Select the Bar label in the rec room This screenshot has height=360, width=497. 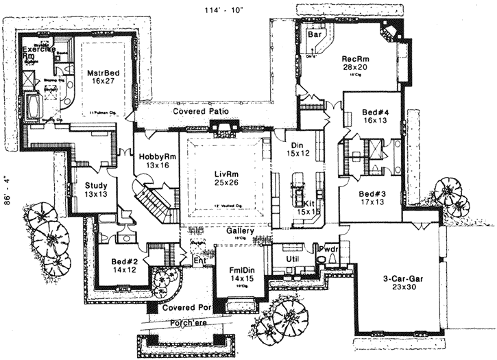pos(316,34)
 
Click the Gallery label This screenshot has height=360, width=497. pos(241,232)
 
